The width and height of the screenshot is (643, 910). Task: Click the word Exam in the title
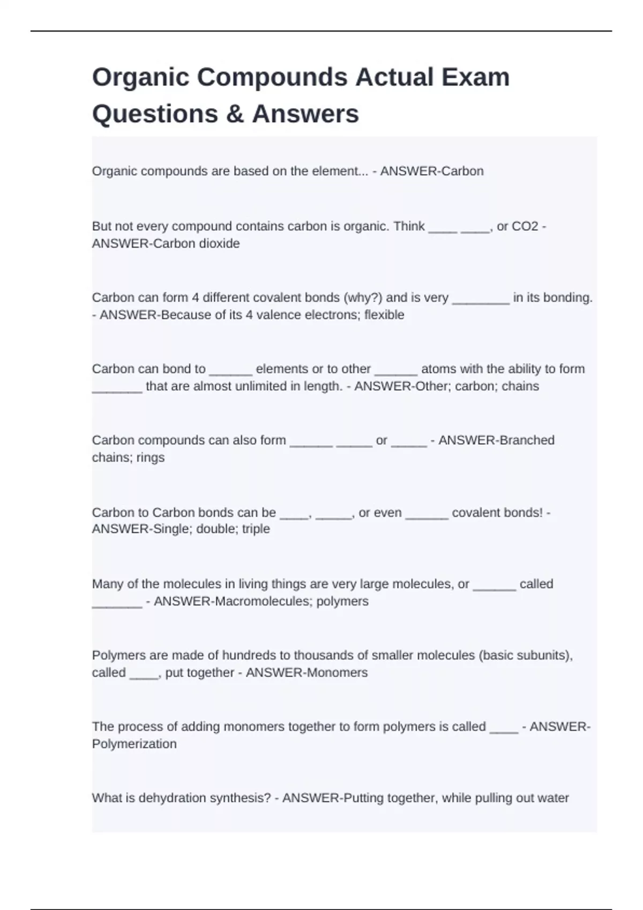pos(475,77)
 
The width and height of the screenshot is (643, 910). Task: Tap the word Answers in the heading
pos(305,114)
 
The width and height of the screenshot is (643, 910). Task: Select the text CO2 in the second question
pos(525,226)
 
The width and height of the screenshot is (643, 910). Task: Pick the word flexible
pos(384,315)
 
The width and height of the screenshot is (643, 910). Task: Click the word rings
pos(150,458)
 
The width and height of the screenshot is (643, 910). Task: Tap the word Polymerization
pos(134,744)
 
